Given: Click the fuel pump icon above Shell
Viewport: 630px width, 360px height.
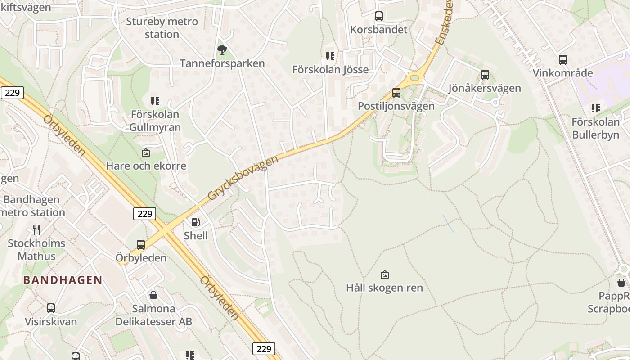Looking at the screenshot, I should coord(196,222).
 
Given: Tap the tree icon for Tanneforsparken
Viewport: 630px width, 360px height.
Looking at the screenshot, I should coord(222,49).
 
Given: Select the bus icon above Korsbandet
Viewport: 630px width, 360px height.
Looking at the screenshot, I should coord(379,16).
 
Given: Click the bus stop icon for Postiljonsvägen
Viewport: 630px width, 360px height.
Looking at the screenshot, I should coord(396,93).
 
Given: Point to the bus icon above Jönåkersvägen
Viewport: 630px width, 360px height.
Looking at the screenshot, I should coord(485,75).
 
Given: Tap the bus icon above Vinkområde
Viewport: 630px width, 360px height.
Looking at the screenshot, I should coord(563,59).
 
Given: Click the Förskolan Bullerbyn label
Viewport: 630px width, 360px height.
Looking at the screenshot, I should coord(595,128).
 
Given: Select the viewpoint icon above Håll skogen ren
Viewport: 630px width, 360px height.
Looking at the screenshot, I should coord(385,274).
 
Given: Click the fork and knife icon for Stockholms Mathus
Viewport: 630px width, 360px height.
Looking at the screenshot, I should coord(36,230).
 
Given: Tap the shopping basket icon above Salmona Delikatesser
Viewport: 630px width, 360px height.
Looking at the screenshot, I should coord(153,295).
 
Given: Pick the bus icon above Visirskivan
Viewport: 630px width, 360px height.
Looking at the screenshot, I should coord(51,308).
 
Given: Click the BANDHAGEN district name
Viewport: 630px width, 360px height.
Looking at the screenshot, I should coord(63,280).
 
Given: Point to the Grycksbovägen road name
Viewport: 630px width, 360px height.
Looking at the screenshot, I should coord(243,178).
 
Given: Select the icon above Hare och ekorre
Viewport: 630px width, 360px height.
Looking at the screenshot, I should coord(146,153).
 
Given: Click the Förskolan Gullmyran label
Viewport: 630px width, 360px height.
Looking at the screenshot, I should coord(155,121).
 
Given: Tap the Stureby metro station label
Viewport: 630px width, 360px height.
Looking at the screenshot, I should coord(162,28).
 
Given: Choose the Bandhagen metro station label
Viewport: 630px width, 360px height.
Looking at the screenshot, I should coord(32,206).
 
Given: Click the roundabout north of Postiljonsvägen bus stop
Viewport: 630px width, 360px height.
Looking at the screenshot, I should coord(414,78).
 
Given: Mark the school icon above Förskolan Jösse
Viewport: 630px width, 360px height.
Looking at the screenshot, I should coord(331,56).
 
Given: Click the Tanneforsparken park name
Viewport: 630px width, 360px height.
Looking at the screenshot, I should coord(222,63).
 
